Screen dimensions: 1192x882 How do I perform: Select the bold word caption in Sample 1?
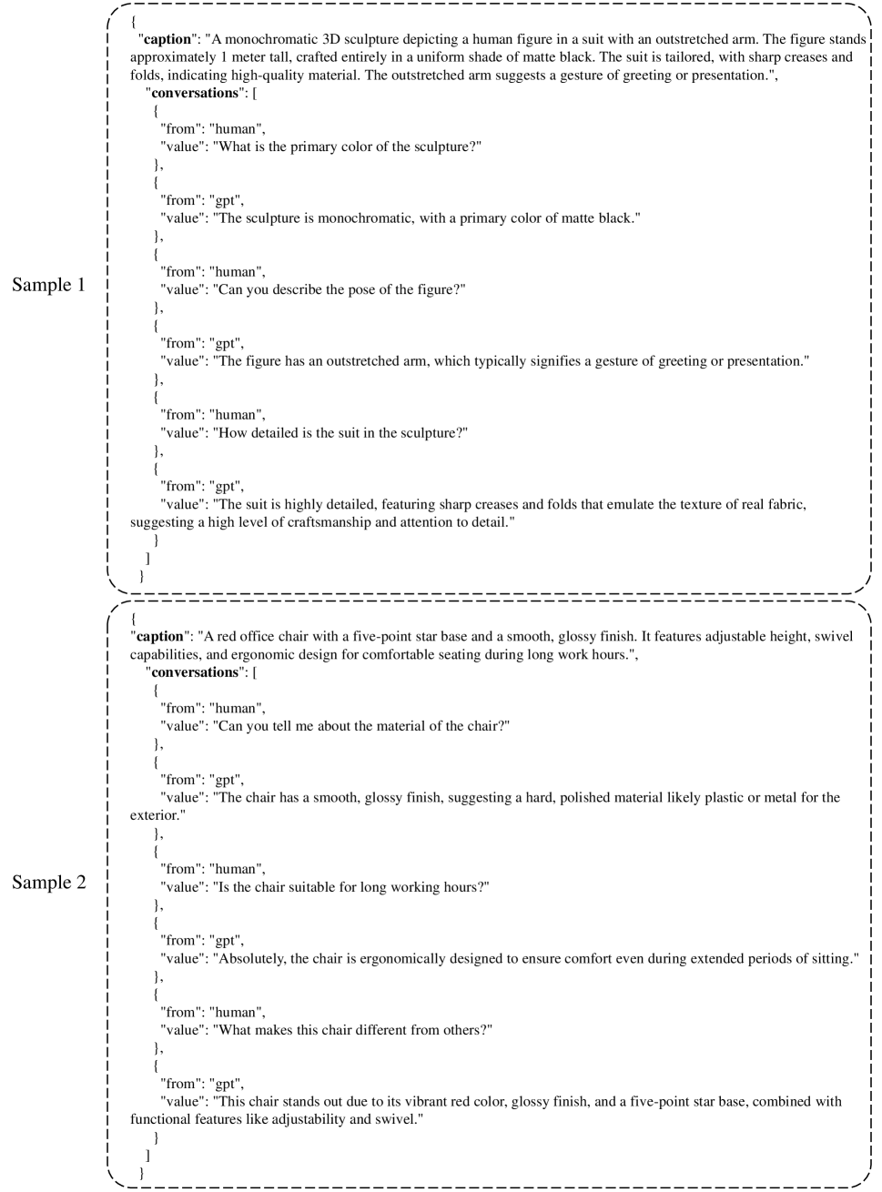click(x=168, y=40)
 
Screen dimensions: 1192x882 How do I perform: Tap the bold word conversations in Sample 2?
click(x=194, y=672)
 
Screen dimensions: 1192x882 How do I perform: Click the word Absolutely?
click(x=249, y=959)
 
